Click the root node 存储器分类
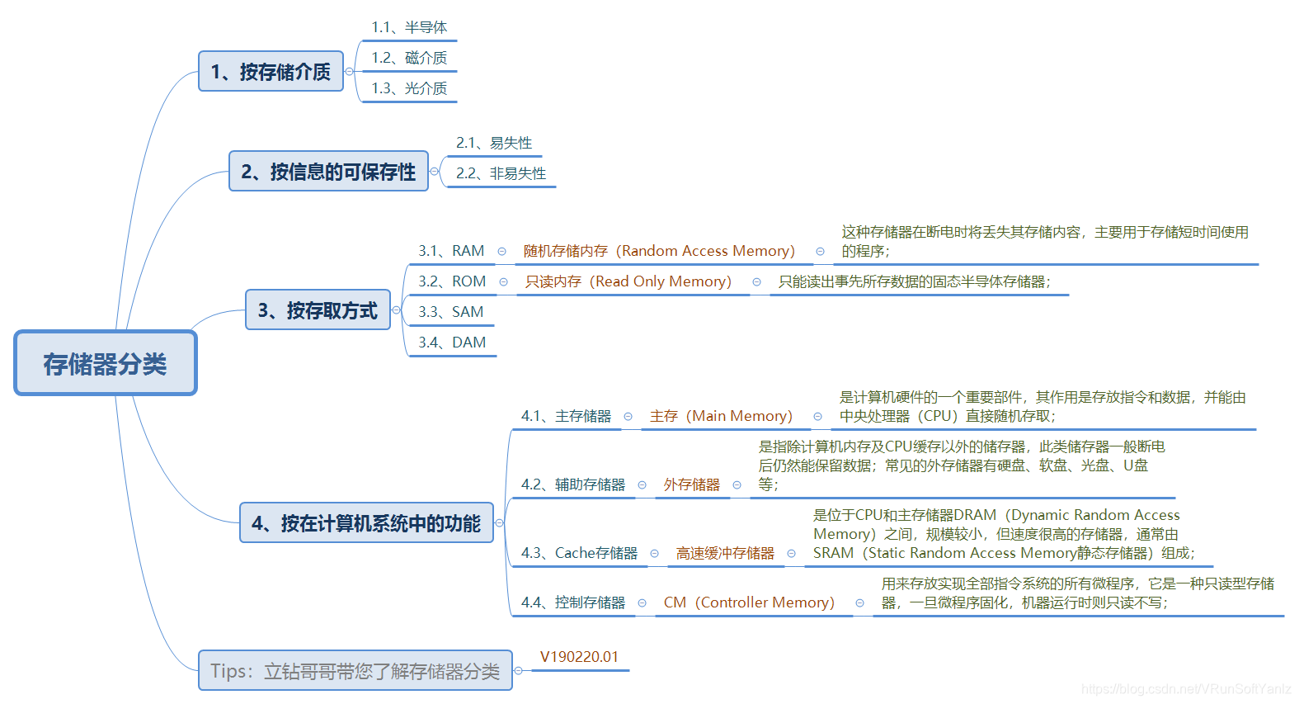tap(106, 363)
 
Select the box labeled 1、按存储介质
tap(271, 72)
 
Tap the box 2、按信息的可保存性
tap(328, 172)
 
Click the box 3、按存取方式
tap(318, 310)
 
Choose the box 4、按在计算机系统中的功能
tap(366, 523)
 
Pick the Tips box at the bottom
tap(355, 671)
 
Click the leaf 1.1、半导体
tap(409, 27)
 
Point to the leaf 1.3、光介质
tap(409, 87)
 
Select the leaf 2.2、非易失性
tap(501, 173)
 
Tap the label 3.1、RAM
tap(451, 251)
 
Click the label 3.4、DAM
tap(452, 343)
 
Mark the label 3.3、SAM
tap(450, 312)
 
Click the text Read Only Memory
tap(662, 281)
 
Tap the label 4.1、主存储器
tap(566, 416)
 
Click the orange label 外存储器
tap(691, 484)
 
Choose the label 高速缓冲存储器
tap(725, 553)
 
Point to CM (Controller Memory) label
tap(749, 602)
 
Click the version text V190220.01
tap(579, 657)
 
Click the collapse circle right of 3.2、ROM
tap(503, 282)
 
